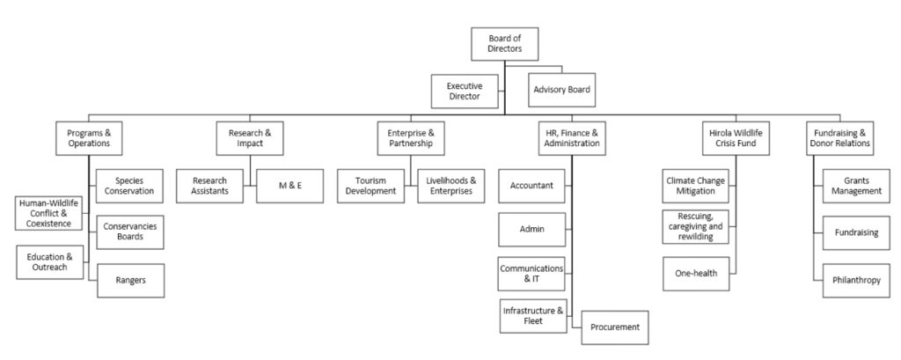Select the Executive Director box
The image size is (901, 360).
[x=465, y=91]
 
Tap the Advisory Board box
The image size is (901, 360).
[x=562, y=90]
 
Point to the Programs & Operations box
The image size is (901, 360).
[x=89, y=136]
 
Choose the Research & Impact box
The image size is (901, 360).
[x=249, y=136]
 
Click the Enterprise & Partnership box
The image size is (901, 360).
[x=410, y=136]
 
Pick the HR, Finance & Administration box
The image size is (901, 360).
[x=571, y=136]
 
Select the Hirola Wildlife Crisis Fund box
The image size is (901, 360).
[x=734, y=136]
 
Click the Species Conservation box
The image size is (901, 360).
[x=128, y=184]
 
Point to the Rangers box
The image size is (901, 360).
[x=128, y=280]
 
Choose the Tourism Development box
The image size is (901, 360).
[x=370, y=186]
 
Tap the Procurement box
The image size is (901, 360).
[x=613, y=327]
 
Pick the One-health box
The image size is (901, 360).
[x=696, y=273]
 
